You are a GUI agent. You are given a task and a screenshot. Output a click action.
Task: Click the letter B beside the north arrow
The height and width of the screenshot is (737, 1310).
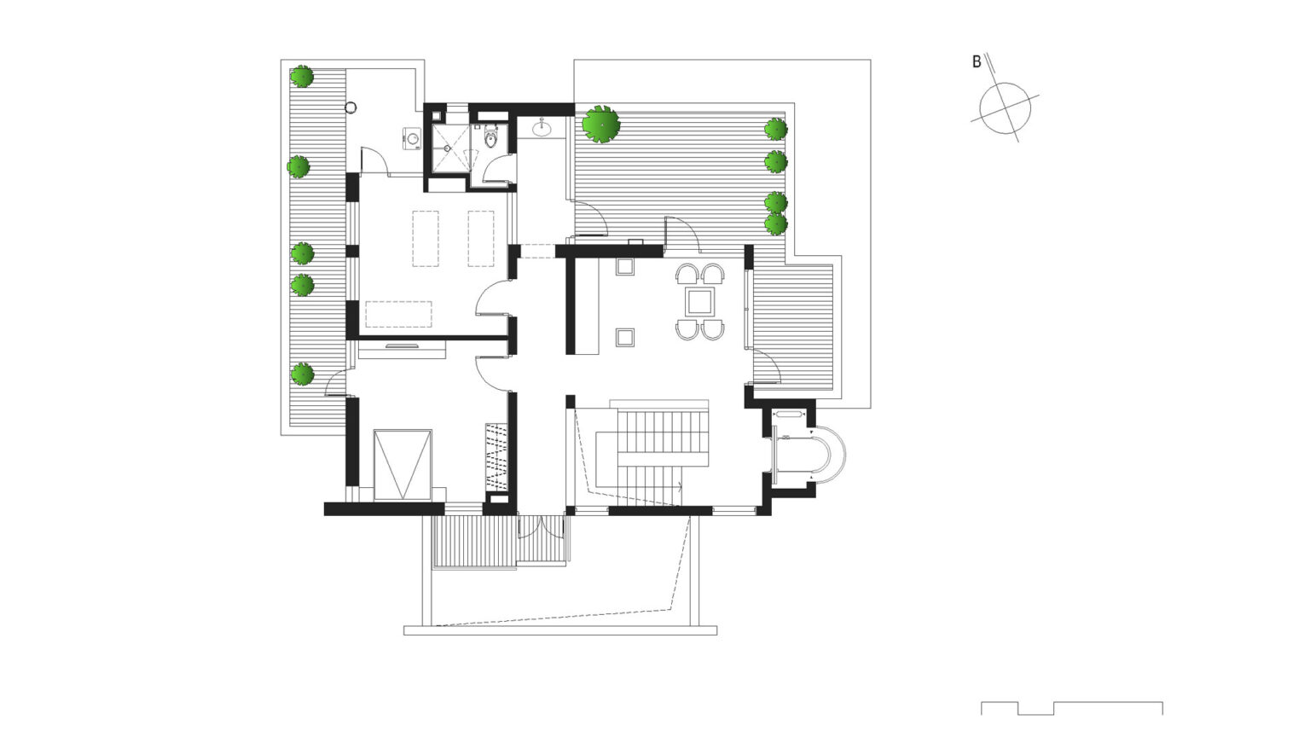point(977,62)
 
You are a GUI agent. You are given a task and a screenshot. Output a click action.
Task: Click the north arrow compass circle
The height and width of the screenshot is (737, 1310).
point(1005,107)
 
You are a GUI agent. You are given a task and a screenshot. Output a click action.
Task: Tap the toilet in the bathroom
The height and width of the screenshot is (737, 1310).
point(490,138)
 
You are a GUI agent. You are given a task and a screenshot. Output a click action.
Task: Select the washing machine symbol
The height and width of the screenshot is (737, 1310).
point(413,138)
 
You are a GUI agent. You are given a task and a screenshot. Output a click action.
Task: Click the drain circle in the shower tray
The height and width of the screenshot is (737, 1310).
point(446,148)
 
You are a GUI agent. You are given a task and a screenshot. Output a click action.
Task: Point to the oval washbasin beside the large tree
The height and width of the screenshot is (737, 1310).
point(542,129)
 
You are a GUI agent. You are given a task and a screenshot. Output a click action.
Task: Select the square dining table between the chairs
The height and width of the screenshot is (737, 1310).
point(700,301)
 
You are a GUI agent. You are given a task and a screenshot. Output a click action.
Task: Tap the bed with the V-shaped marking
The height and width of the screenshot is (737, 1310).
point(403,465)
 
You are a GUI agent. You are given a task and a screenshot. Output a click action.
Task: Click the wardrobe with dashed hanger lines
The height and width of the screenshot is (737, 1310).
point(496,456)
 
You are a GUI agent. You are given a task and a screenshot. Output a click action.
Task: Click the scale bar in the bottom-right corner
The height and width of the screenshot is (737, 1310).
point(1071,708)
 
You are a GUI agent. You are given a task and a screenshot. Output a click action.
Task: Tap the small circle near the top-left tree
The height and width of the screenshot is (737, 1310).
point(351,107)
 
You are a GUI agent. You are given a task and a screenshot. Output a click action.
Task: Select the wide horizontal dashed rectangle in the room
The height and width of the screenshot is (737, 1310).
point(398,314)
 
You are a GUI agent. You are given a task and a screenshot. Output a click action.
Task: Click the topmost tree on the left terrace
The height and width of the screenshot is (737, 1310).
point(302,78)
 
